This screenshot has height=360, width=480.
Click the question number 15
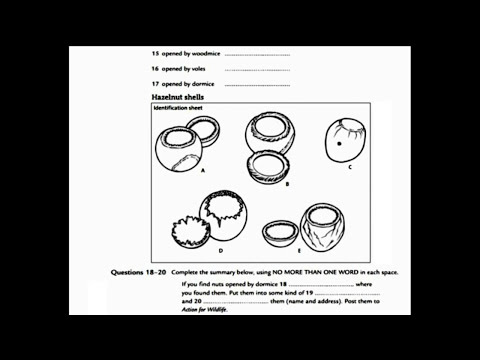point(155,53)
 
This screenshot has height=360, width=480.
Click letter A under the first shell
point(202,171)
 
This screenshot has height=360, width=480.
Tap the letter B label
point(287,185)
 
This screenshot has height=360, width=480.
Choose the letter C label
point(349,168)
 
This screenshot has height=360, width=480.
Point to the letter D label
point(220,251)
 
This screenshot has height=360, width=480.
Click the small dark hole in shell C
point(342,144)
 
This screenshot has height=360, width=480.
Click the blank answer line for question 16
point(257,69)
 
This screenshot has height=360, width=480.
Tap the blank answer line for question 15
point(257,53)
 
